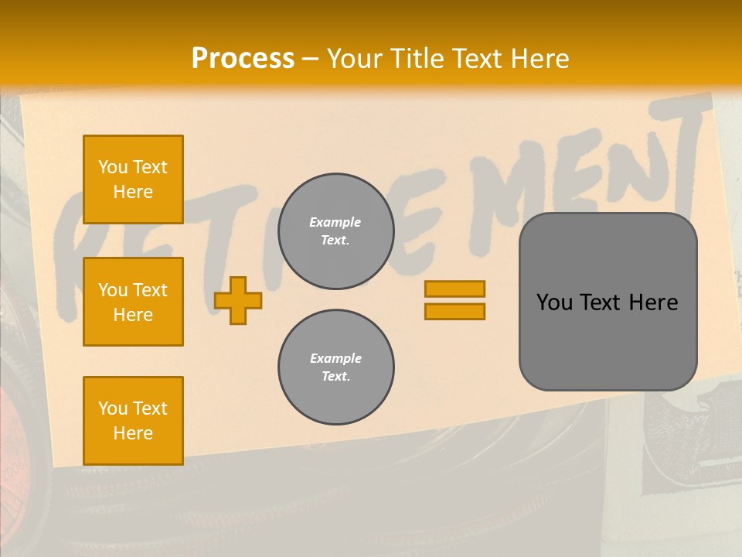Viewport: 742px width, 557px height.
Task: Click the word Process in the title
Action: (243, 58)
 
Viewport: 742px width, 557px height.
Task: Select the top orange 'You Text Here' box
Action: (133, 179)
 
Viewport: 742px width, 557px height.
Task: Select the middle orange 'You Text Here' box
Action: (133, 302)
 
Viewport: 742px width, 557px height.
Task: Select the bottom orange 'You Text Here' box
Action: (133, 421)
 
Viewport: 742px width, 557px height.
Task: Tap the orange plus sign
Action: (237, 300)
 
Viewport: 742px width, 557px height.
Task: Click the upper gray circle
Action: (335, 231)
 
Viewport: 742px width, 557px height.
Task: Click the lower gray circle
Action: (335, 367)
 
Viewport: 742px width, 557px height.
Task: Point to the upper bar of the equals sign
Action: (454, 289)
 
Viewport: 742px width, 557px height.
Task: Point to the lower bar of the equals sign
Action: (454, 311)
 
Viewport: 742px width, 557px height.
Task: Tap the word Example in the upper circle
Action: (335, 222)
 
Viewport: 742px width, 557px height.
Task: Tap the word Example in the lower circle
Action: (335, 358)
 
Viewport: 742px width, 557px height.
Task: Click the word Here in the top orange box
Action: (133, 192)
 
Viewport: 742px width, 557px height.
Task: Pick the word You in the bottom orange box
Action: (113, 408)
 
